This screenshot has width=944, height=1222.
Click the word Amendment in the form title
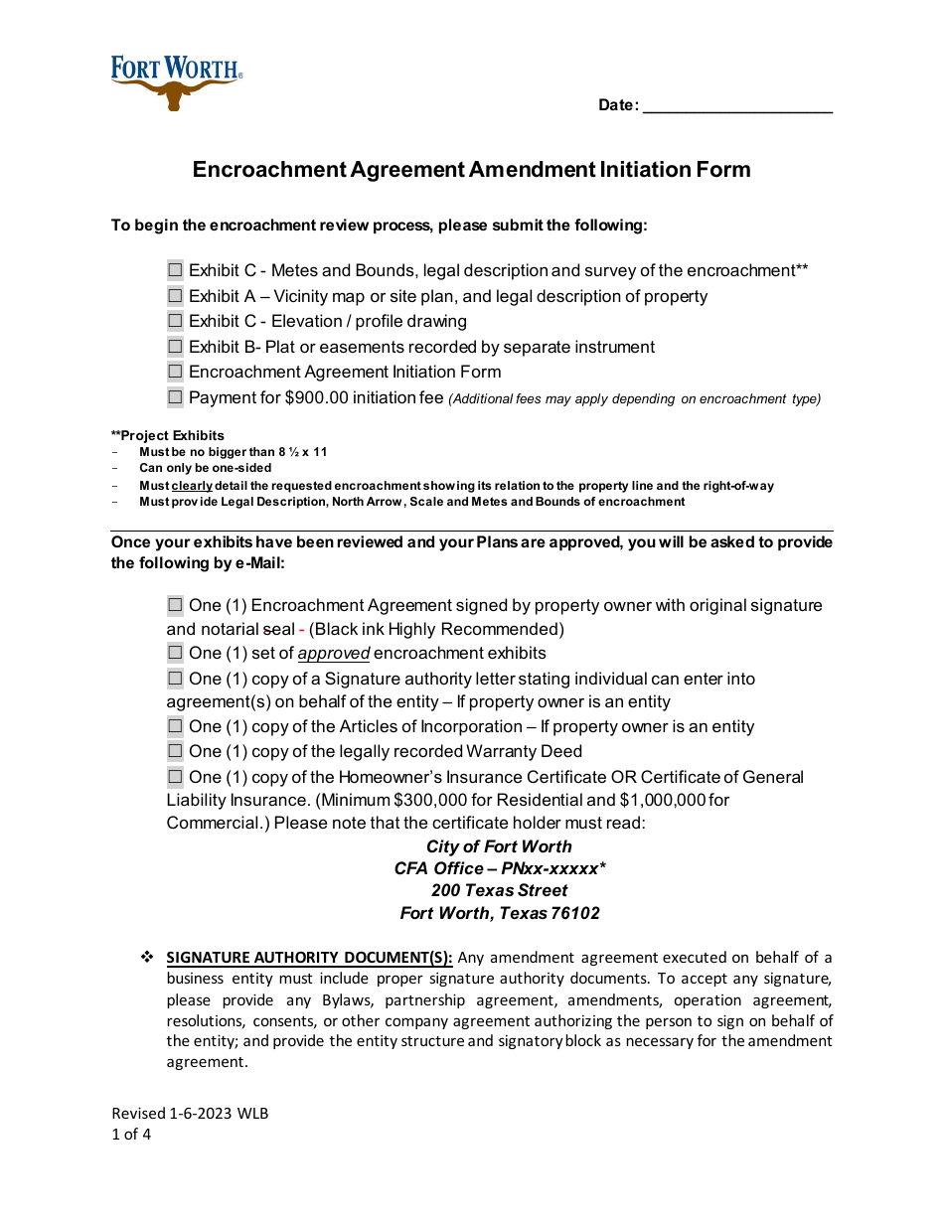[x=532, y=170]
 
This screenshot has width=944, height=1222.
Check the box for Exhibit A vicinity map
[x=176, y=296]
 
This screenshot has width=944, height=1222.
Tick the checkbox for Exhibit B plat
[x=176, y=347]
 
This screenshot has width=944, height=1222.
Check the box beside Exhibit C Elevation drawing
[x=176, y=321]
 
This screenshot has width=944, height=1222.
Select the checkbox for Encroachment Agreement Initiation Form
[x=176, y=372]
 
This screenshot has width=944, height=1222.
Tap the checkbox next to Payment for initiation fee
[x=176, y=397]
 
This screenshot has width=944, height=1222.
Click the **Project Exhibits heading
[x=168, y=435]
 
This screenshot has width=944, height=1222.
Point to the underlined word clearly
[x=192, y=486]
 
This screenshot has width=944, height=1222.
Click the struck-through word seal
[x=278, y=629]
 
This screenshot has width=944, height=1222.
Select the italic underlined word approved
[x=334, y=654]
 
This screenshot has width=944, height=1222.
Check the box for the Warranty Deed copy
[x=176, y=751]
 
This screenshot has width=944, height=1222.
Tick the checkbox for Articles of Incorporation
[x=176, y=726]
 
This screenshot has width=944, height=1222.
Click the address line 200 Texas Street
[x=499, y=890]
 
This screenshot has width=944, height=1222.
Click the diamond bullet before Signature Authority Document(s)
[x=147, y=958]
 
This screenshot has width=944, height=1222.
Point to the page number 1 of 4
[x=131, y=1134]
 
